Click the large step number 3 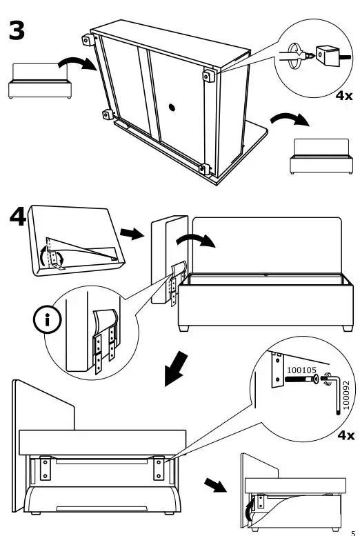pyautogui.click(x=18, y=31)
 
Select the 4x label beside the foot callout pyautogui.click(x=343, y=95)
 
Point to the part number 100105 pyautogui.click(x=301, y=370)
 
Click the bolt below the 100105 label pyautogui.click(x=301, y=380)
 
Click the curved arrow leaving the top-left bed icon pyautogui.click(x=74, y=64)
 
